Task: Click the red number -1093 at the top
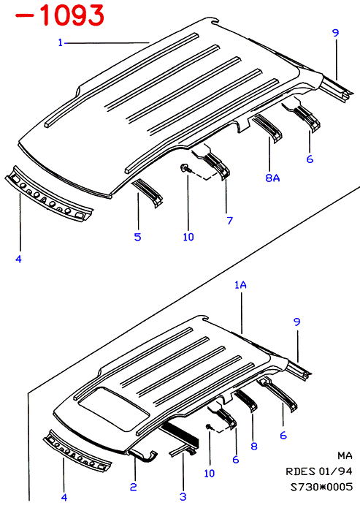pos(60,15)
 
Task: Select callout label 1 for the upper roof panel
pos(60,42)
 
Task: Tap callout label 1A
pos(240,285)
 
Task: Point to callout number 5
pos(137,237)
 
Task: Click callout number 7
pos(230,221)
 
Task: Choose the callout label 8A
pos(272,178)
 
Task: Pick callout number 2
pos(134,487)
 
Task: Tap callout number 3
pos(183,496)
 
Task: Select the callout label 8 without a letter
pos(254,446)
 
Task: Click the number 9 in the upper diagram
pos(335,33)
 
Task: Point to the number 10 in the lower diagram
pos(210,474)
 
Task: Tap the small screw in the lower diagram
pos(209,428)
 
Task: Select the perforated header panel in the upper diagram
pos(49,195)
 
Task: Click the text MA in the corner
pos(345,456)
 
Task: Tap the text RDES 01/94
pos(318,471)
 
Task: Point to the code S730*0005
pos(321,487)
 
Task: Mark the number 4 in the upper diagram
pos(18,259)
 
